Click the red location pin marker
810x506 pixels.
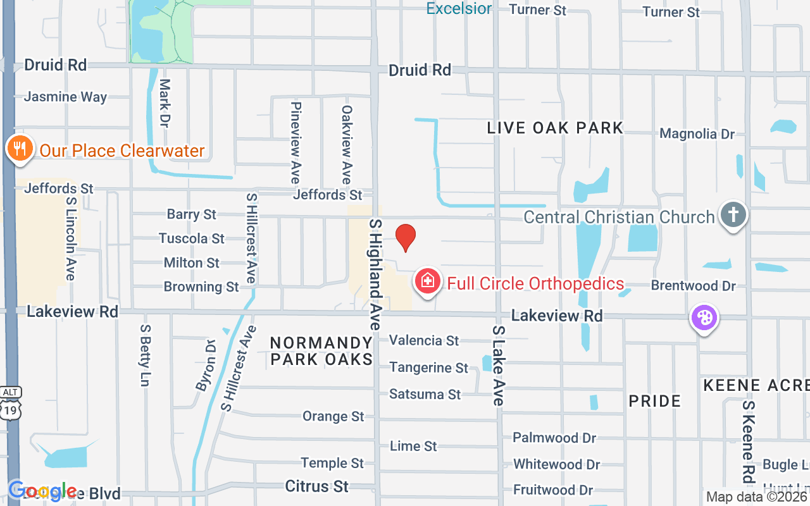pos(406,237)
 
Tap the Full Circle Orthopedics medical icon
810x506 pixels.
pos(427,280)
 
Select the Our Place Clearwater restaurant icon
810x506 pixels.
pos(20,149)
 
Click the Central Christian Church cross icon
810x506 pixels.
pos(733,215)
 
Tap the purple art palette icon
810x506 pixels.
pos(704,318)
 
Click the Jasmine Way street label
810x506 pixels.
pos(65,97)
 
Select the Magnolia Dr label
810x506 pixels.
pos(697,134)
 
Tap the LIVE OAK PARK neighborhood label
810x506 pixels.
pos(555,128)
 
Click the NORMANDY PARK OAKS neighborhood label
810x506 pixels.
pos(321,351)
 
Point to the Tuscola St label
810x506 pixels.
pos(191,238)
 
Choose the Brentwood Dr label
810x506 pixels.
pos(693,286)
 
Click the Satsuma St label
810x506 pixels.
pos(425,394)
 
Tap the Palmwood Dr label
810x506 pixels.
pos(554,438)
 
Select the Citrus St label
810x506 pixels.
pos(316,486)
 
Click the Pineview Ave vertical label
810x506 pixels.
pos(295,142)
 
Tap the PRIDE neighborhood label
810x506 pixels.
pos(654,401)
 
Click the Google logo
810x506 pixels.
pos(42,490)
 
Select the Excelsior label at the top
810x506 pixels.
pos(459,8)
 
